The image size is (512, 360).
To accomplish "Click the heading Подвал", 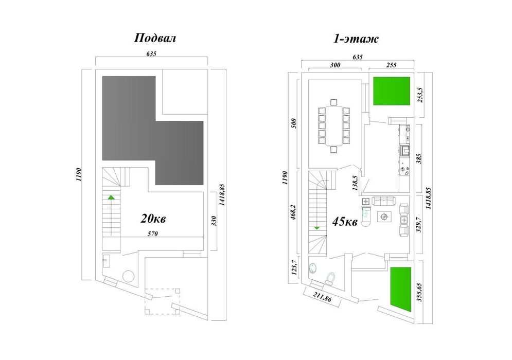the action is tap(155, 38).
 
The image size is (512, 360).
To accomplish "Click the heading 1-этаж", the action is tap(356, 39).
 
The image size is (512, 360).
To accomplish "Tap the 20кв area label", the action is tap(153, 219).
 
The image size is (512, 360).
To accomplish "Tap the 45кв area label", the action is tap(345, 222).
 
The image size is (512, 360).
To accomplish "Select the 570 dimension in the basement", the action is tap(153, 233).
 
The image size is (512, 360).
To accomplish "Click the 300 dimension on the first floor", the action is tap(335, 65).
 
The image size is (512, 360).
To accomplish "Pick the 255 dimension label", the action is tap(391, 65).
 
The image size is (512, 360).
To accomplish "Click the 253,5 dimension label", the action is tap(420, 95).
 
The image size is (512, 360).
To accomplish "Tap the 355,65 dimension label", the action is tap(420, 292).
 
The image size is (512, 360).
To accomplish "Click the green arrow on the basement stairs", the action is tap(111, 197).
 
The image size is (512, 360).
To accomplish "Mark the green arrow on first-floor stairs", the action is tap(317, 228).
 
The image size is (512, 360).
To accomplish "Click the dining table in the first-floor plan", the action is tap(334, 125).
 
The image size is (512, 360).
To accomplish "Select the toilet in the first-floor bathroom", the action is tap(331, 278).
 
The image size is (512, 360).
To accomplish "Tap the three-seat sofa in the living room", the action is tap(384, 201).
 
